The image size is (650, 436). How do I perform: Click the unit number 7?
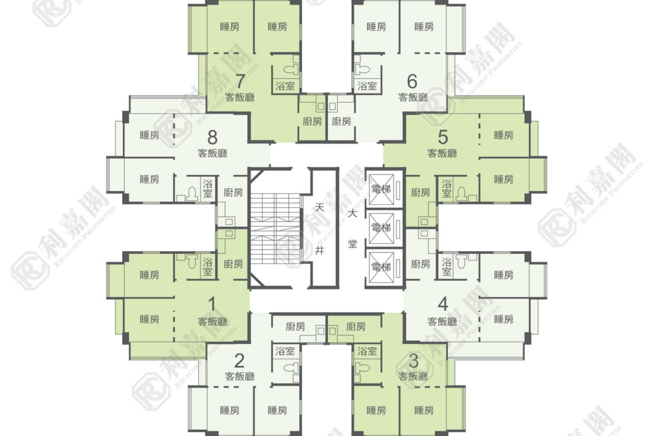(x=240, y=81)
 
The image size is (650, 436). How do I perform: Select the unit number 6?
(x=412, y=81)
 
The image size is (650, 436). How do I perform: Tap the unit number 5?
(x=443, y=137)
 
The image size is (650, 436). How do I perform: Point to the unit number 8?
(x=212, y=137)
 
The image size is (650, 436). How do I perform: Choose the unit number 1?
(x=212, y=304)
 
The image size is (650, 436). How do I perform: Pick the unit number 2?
(x=239, y=361)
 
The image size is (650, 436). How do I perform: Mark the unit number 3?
(x=413, y=361)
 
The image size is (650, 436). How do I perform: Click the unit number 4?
(x=443, y=304)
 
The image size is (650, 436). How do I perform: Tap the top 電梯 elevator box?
(x=381, y=189)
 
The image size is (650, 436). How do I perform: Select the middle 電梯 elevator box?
(x=381, y=228)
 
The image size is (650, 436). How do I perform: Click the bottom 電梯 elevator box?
(x=381, y=267)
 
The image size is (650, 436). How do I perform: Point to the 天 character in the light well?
(x=319, y=207)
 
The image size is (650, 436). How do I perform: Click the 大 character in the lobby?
(x=352, y=214)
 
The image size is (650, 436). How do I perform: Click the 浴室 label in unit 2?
(x=285, y=352)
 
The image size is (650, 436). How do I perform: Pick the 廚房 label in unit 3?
(x=356, y=327)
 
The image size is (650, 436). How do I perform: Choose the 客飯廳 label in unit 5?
(x=442, y=153)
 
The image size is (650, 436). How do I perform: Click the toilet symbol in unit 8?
(x=192, y=194)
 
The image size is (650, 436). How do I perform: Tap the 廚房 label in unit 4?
(x=421, y=264)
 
